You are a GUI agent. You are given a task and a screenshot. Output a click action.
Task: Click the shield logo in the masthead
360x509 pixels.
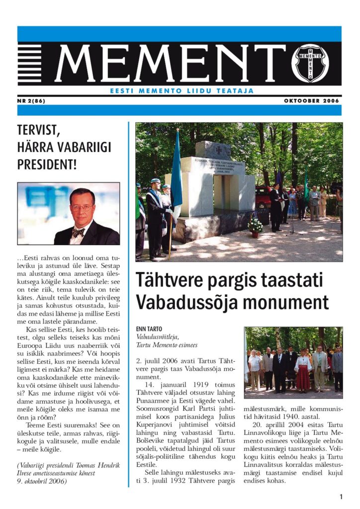pos(310,63)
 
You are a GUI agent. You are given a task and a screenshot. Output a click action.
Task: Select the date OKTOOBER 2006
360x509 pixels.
pos(312,100)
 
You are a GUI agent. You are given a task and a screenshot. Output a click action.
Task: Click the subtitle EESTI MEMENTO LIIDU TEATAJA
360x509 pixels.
pos(181,91)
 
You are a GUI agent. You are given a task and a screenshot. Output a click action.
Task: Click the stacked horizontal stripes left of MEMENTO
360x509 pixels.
pos(30,64)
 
